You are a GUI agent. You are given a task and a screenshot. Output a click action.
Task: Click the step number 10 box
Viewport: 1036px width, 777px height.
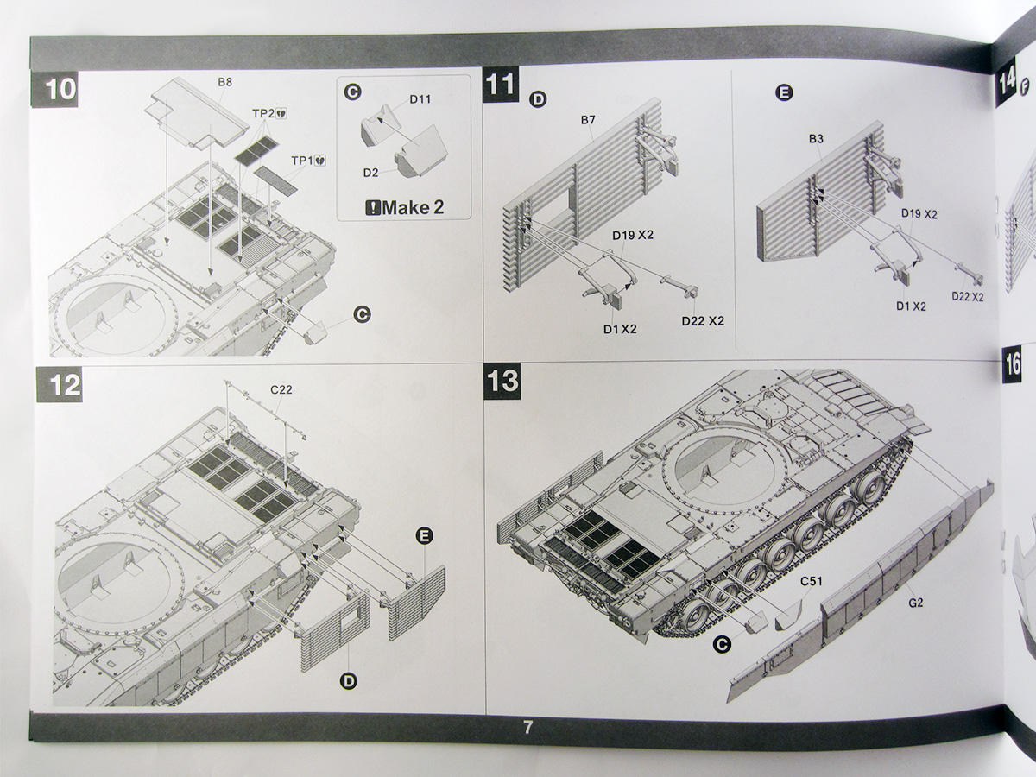[58, 89]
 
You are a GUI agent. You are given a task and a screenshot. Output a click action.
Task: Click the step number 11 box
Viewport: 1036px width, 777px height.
[500, 85]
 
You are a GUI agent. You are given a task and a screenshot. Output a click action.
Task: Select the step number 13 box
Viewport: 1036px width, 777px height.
[502, 382]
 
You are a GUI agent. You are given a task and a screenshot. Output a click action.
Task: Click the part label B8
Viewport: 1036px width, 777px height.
[224, 82]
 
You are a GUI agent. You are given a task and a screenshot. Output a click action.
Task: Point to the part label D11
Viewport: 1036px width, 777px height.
[420, 99]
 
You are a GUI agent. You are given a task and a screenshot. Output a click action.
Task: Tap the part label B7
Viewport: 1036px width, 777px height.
[588, 120]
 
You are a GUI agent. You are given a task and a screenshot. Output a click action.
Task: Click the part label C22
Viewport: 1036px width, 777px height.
[281, 390]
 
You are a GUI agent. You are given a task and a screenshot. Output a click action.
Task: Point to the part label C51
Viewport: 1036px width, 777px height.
[810, 582]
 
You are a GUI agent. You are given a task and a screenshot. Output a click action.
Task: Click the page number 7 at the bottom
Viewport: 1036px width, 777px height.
[527, 727]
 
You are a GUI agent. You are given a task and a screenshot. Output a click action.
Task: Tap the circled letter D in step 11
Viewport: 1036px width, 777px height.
[537, 100]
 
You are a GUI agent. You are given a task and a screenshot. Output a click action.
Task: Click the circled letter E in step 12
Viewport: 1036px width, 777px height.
[423, 536]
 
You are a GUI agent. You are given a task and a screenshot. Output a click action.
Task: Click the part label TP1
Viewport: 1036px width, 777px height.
[304, 160]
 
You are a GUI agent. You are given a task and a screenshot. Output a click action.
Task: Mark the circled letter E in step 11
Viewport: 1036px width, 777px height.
[784, 93]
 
